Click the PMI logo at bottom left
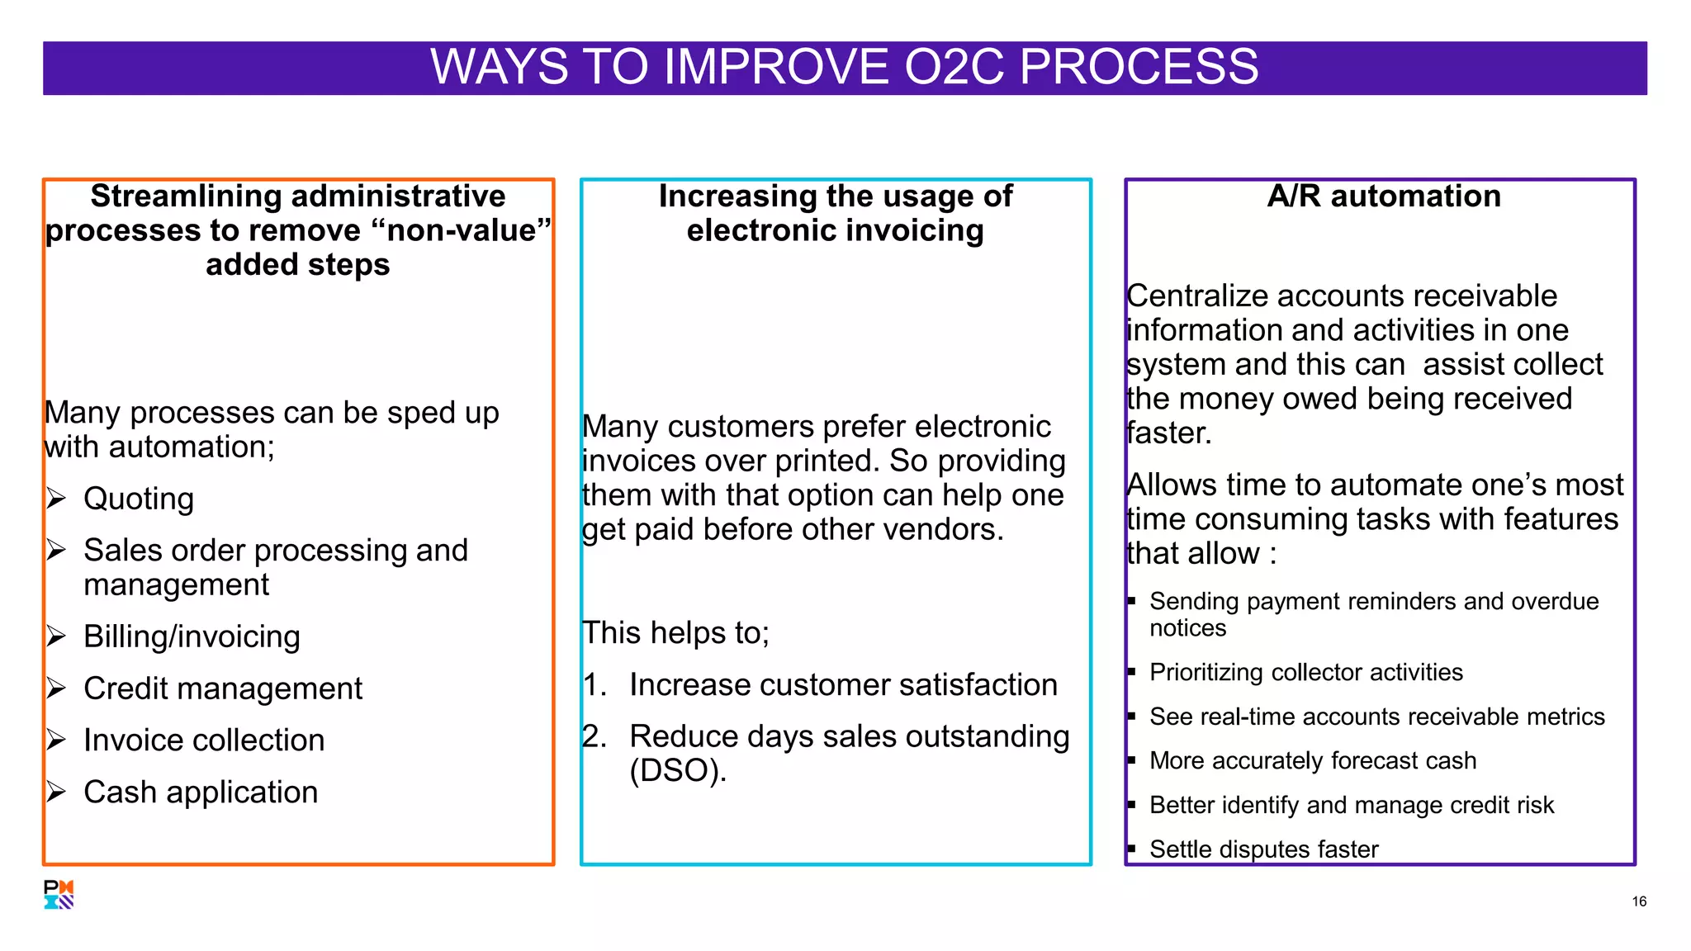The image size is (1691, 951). pos(59,894)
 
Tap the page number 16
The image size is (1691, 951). pos(1639,901)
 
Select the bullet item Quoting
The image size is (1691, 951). pos(139,499)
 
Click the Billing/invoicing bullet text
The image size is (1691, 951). pos(192,636)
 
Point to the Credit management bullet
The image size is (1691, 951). pos(223,688)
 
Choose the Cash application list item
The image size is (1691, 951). pos(201,792)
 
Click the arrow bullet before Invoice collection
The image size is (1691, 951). pos(56,740)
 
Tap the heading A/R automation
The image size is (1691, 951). pos(1384,196)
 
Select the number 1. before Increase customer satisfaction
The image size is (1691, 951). pos(594,685)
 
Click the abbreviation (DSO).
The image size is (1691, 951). pos(678,771)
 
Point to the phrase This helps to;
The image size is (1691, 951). pos(675,633)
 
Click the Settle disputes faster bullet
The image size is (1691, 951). pos(1263,849)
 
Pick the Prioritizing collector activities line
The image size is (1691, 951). pos(1305,672)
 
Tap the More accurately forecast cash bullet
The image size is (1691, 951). pos(1312,760)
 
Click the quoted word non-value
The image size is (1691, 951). pos(461,231)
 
